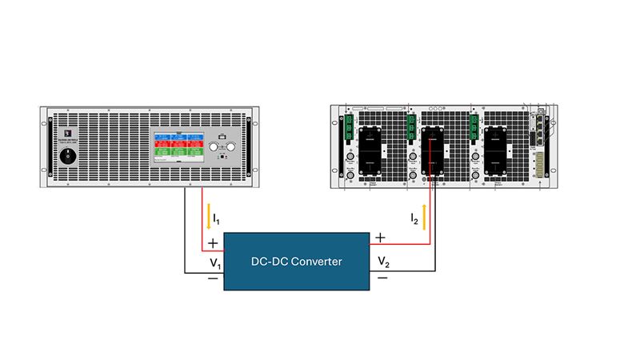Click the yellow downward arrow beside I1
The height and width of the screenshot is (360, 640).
(210, 214)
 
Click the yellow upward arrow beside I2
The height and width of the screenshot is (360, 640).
(425, 215)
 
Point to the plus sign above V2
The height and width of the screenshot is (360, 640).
(381, 238)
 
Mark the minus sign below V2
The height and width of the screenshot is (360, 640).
(382, 278)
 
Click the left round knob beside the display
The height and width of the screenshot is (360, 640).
(213, 148)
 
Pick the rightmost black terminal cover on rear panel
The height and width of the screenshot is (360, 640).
(494, 149)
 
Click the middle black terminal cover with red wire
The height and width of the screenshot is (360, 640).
(433, 150)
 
